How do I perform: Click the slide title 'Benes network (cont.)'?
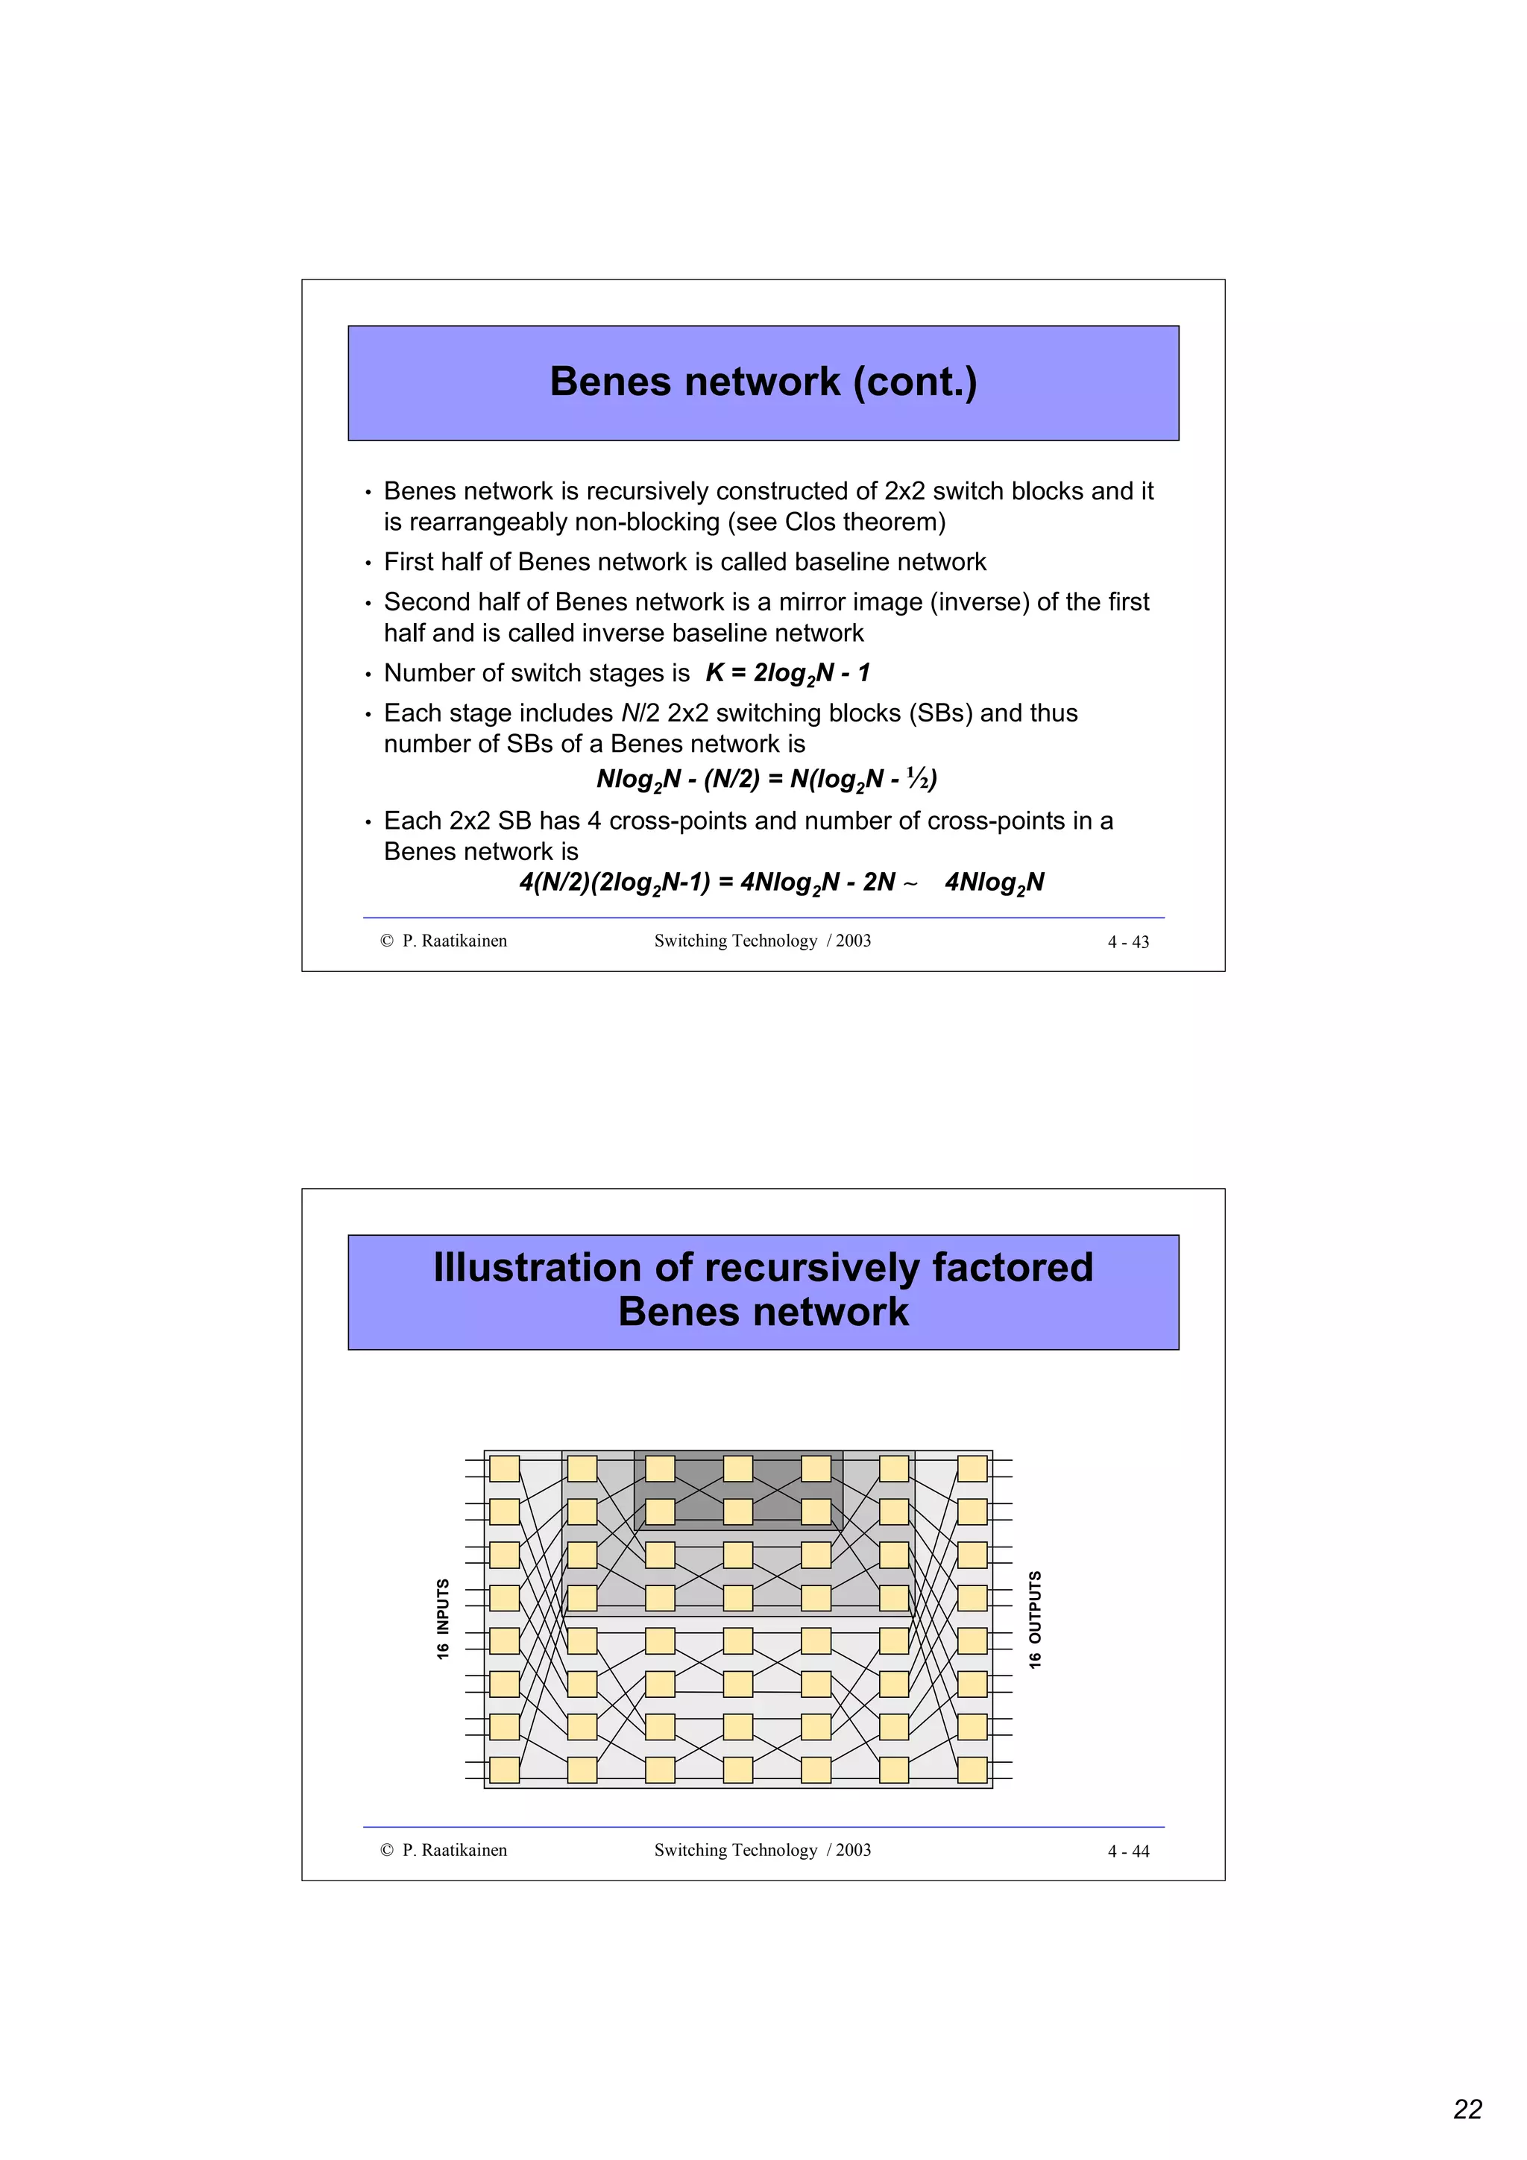pyautogui.click(x=763, y=382)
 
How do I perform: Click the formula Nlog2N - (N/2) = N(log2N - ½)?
pyautogui.click(x=766, y=780)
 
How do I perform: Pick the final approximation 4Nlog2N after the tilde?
pyautogui.click(x=995, y=882)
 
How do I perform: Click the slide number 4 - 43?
pyautogui.click(x=1128, y=941)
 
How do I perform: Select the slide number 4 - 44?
pyautogui.click(x=1128, y=1851)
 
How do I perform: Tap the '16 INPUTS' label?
pyautogui.click(x=443, y=1619)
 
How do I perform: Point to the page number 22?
pyautogui.click(x=1467, y=2109)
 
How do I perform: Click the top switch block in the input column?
pyautogui.click(x=504, y=1468)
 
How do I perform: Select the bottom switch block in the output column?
pyautogui.click(x=972, y=1769)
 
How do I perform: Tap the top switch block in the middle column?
pyautogui.click(x=737, y=1468)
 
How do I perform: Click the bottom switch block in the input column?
pyautogui.click(x=504, y=1769)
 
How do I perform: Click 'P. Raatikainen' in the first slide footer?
pyautogui.click(x=454, y=941)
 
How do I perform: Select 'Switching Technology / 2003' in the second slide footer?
pyautogui.click(x=762, y=1851)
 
